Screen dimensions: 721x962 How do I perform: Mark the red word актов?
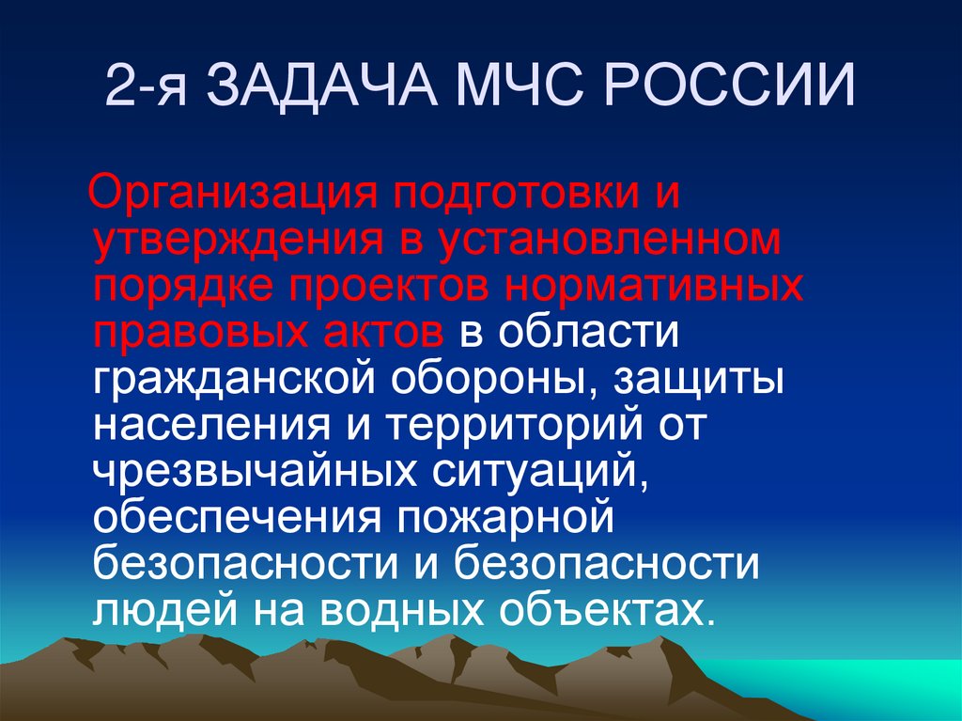tap(381, 333)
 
